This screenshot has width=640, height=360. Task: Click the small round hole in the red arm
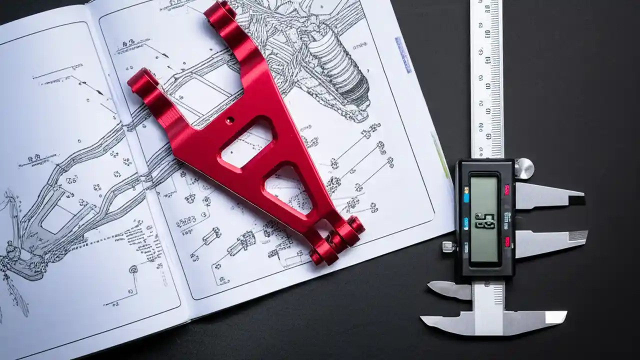pos(229,120)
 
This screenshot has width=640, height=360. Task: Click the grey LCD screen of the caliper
pos(484,218)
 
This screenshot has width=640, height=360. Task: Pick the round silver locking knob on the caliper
pos(523,168)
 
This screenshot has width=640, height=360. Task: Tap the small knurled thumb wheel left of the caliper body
pos(448,246)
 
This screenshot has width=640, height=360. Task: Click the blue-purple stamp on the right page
pos(403,54)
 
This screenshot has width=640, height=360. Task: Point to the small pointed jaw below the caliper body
pos(447,289)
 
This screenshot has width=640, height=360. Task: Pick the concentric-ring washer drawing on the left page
pos(133,269)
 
